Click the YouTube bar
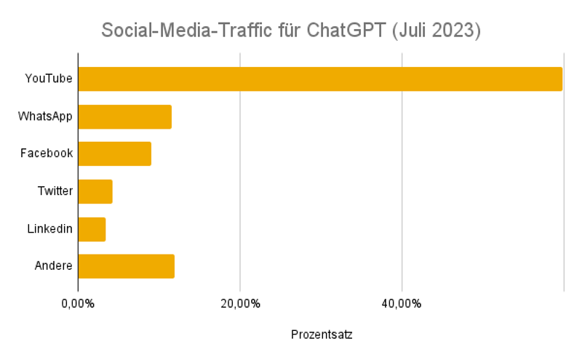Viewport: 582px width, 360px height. coord(320,79)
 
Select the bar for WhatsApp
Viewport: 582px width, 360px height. coord(124,117)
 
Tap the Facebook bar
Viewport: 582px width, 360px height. coord(114,154)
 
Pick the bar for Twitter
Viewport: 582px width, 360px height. coord(95,191)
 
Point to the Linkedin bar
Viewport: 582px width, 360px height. coord(92,229)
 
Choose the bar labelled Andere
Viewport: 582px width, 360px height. coord(126,266)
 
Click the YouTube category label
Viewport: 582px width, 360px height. coord(49,79)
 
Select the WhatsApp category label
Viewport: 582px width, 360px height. coord(45,116)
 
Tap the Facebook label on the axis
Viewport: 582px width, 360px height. coord(47,154)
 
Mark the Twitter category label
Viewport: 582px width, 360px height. coord(55,191)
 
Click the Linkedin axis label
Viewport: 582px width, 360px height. coord(49,229)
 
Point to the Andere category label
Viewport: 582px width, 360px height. coord(54,266)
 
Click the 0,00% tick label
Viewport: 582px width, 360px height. coord(78,304)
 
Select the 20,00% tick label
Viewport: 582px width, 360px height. coord(240,304)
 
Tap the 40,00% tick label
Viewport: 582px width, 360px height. coord(402,304)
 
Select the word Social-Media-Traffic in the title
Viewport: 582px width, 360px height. coord(186,31)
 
